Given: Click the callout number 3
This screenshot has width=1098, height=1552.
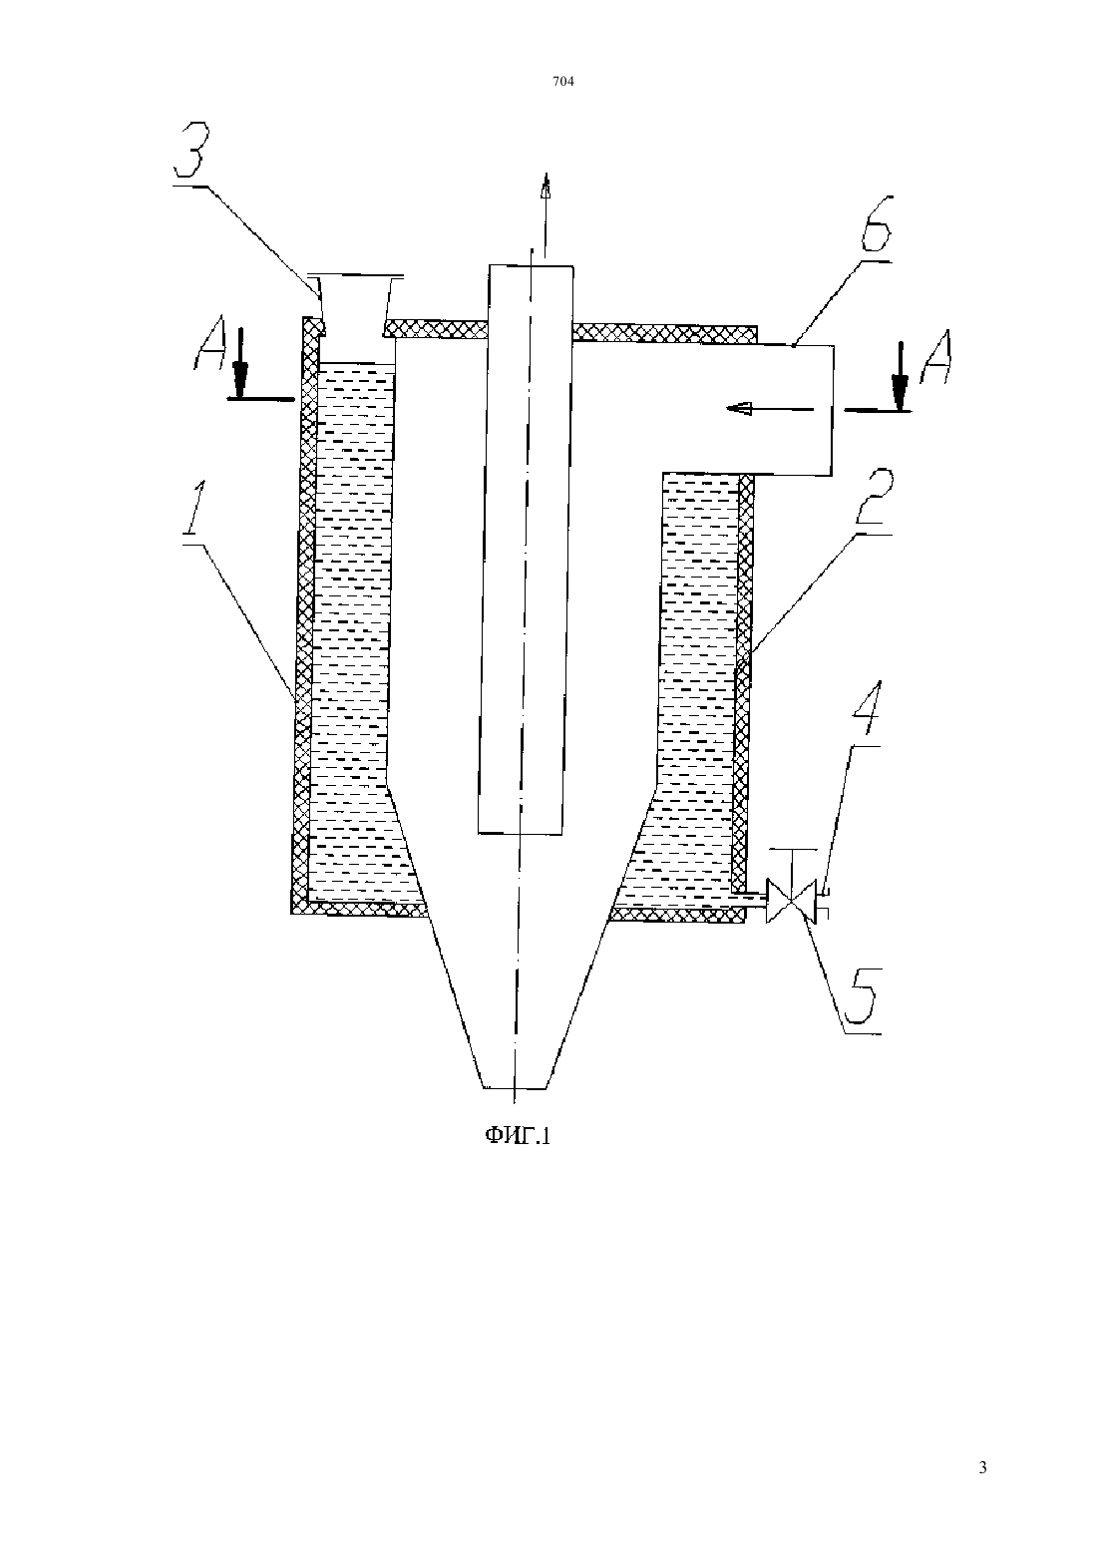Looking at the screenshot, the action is click(x=189, y=151).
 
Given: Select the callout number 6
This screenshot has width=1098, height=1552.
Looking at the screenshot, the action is click(x=877, y=225).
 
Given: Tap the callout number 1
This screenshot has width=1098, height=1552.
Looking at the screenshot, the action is click(x=194, y=510).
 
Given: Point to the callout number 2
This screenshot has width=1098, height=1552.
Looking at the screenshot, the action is click(x=874, y=499).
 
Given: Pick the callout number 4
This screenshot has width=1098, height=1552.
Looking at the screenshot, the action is click(x=866, y=711).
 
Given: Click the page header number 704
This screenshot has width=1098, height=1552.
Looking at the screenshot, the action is click(x=563, y=82).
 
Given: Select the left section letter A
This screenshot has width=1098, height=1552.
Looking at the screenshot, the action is click(x=209, y=354).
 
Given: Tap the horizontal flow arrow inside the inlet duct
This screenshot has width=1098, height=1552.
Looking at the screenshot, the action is click(x=769, y=409).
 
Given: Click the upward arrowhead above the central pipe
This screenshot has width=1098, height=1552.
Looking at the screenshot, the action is click(x=546, y=186).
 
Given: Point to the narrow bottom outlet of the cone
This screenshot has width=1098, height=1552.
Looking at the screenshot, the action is click(x=514, y=1086).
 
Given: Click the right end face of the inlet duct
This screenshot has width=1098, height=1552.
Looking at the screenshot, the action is click(x=832, y=410).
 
